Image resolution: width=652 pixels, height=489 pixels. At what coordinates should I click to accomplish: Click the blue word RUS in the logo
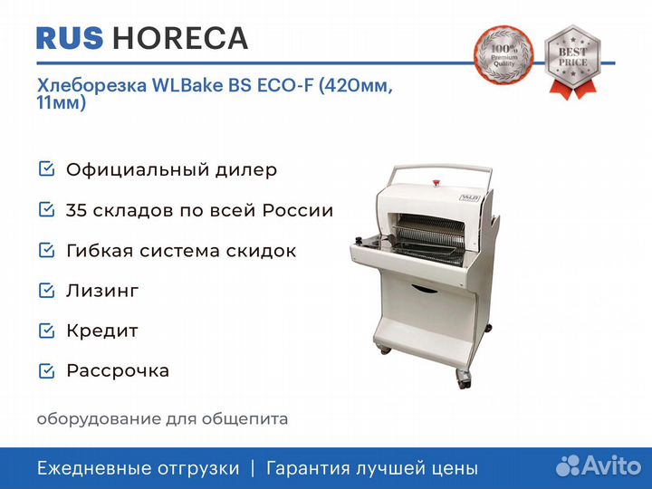(70, 38)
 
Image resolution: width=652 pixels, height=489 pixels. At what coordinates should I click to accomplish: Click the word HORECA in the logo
(180, 38)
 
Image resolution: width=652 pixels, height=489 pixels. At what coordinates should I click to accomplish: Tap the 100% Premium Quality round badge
(503, 55)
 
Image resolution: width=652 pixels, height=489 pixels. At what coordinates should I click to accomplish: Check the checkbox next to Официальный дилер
(46, 169)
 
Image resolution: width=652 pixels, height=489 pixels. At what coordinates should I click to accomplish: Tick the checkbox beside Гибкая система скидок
(46, 250)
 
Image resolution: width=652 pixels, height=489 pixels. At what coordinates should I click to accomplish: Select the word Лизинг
(102, 291)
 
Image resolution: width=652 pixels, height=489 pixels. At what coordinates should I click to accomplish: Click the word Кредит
(102, 331)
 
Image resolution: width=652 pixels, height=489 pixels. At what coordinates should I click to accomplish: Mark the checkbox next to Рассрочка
(46, 371)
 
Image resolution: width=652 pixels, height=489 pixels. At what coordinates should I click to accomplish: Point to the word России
(298, 210)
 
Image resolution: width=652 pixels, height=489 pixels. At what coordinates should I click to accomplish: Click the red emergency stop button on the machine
(436, 182)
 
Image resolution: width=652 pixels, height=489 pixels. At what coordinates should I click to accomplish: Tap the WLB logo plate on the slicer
(469, 197)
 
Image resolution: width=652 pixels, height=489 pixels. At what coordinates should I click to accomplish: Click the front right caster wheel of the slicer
(464, 379)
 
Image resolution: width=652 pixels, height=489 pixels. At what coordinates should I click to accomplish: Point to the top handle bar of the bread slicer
(442, 168)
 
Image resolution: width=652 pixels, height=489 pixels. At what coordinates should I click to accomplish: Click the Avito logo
(599, 465)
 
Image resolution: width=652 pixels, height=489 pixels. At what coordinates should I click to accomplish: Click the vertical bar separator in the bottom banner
(253, 469)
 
